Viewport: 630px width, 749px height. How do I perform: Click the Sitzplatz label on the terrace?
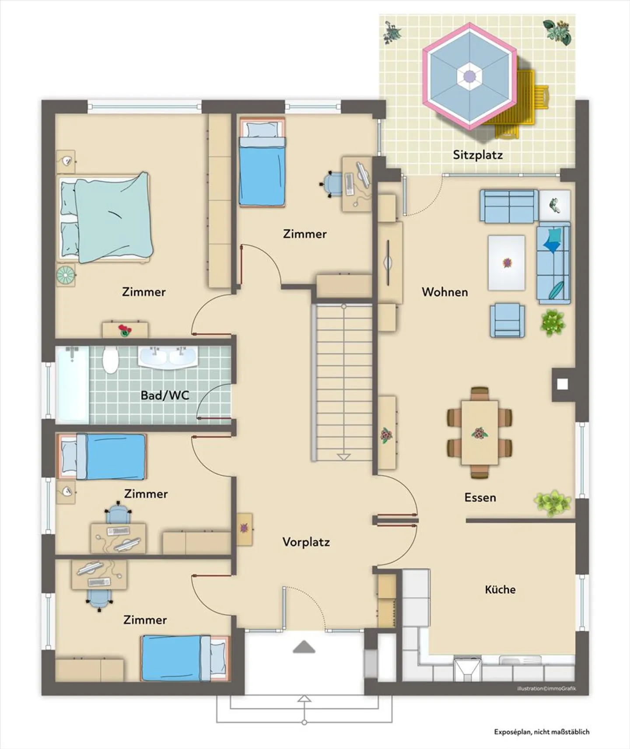tap(477, 155)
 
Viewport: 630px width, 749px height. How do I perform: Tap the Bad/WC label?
tap(165, 395)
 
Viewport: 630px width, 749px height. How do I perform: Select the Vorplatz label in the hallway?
tap(306, 542)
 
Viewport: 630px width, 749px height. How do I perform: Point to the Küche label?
tap(500, 589)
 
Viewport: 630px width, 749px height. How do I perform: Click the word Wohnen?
tap(444, 292)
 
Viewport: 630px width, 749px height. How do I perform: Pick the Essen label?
tap(480, 497)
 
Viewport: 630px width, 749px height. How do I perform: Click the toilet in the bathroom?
tap(110, 360)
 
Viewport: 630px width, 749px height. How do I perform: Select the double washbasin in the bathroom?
tap(168, 357)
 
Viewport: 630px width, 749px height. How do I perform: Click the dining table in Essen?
tap(479, 432)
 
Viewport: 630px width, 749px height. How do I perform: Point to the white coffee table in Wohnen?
tap(506, 262)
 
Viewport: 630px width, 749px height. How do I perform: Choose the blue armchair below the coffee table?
tap(507, 321)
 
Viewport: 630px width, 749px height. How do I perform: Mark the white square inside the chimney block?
tap(563, 384)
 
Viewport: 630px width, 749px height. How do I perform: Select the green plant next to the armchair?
tap(552, 322)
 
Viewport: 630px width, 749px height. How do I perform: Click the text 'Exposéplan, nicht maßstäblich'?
tap(542, 731)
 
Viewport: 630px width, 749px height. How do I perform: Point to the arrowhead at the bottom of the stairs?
tap(344, 457)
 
